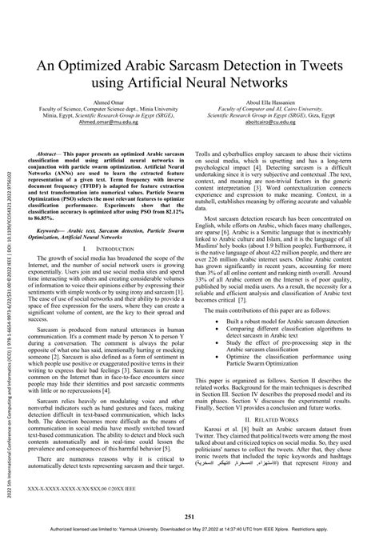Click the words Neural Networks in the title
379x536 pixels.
tap(232, 82)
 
